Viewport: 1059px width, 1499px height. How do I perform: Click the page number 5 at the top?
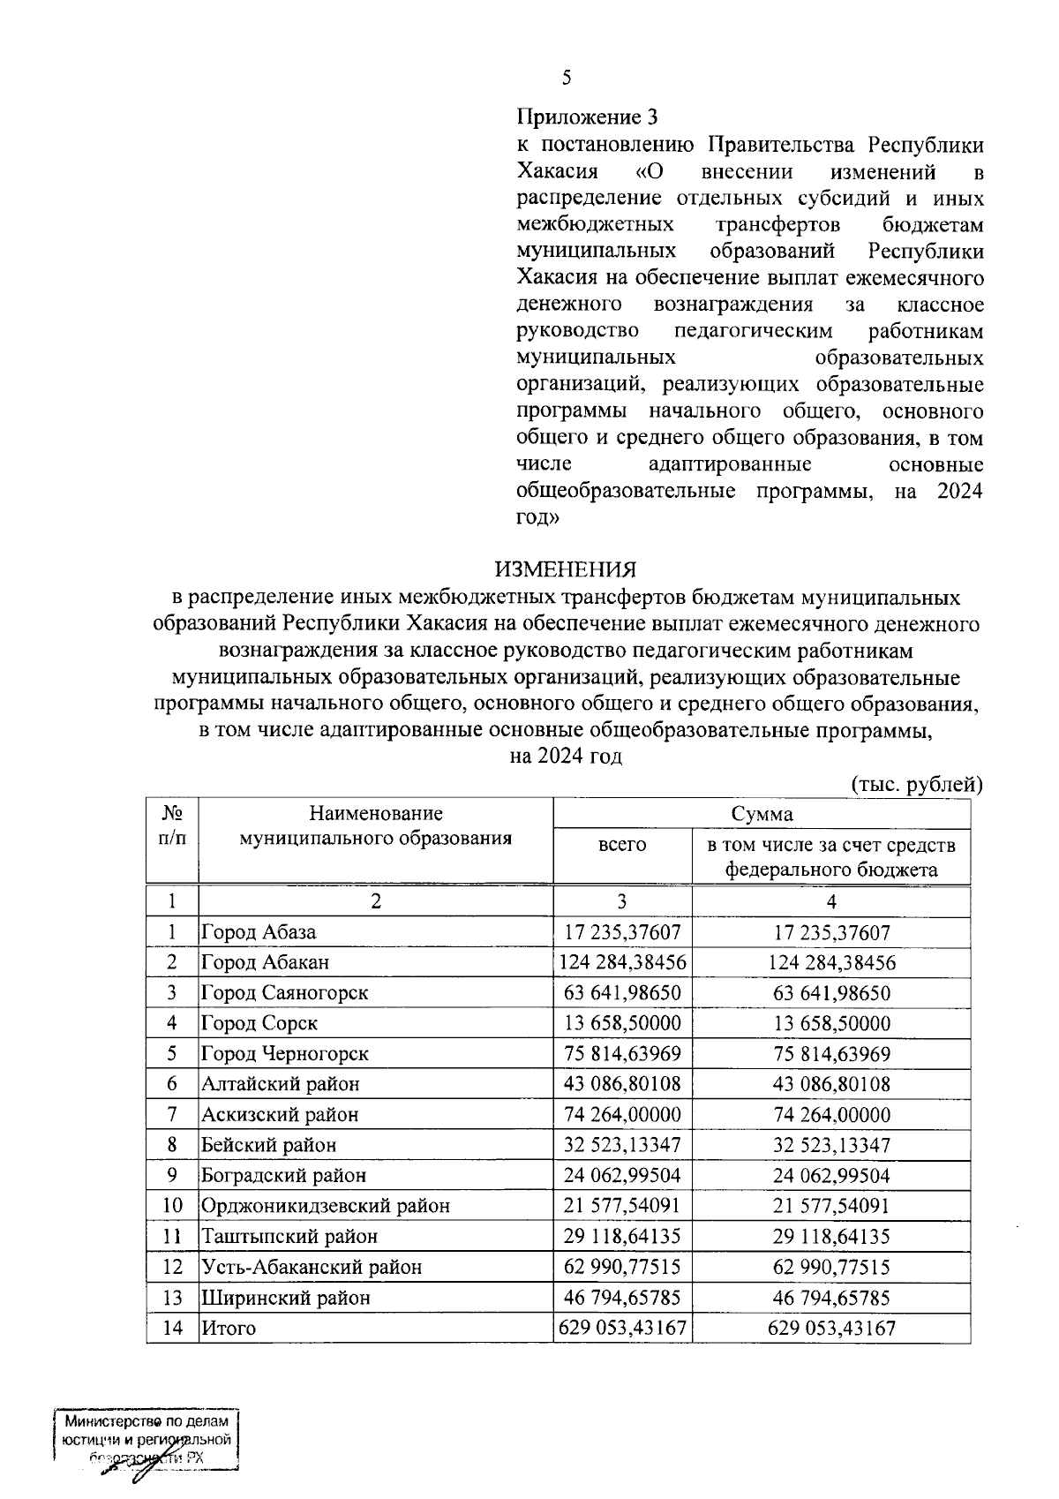click(x=567, y=78)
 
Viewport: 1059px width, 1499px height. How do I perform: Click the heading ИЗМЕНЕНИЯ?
click(x=565, y=569)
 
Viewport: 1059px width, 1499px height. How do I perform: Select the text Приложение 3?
click(x=587, y=117)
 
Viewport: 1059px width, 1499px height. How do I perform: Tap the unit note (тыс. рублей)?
click(x=916, y=784)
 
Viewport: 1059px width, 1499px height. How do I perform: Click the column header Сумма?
click(x=762, y=813)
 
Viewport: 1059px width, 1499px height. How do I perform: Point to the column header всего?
click(x=622, y=845)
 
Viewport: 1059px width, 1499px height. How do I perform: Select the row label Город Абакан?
click(x=265, y=962)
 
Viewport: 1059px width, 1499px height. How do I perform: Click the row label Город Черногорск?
click(x=284, y=1053)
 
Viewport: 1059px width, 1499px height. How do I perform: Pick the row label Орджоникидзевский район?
click(x=325, y=1205)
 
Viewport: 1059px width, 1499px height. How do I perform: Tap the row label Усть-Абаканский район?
click(x=311, y=1267)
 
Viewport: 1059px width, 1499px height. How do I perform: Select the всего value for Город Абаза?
click(x=622, y=932)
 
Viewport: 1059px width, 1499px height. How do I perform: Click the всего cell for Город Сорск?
click(x=622, y=1023)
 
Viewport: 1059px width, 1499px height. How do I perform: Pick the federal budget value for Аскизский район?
click(x=831, y=1114)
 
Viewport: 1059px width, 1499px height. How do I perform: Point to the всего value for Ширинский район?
click(x=622, y=1298)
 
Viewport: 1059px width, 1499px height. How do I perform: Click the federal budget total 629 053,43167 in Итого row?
click(x=831, y=1328)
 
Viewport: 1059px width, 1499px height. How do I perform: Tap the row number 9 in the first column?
click(x=172, y=1175)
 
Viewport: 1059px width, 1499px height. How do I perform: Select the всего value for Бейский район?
click(x=622, y=1145)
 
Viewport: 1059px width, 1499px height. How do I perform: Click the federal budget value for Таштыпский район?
click(x=831, y=1236)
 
